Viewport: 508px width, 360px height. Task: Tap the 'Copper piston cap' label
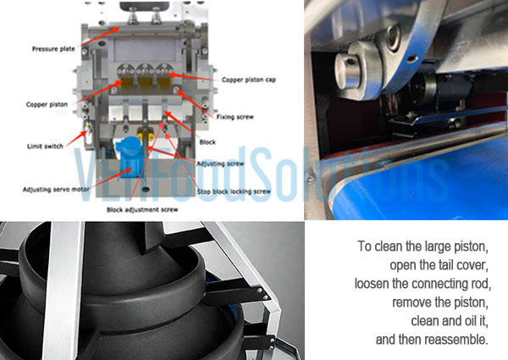[250, 80]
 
